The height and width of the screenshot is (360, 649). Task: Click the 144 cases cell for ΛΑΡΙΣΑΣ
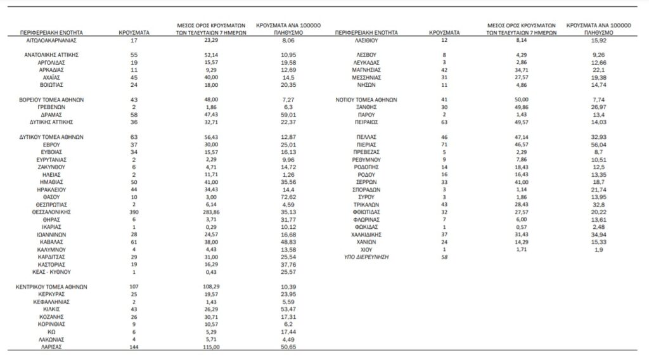pos(133,347)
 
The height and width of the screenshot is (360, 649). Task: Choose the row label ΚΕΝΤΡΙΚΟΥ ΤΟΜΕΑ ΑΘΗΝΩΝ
pos(51,286)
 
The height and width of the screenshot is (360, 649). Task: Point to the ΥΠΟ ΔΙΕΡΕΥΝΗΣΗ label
pos(366,257)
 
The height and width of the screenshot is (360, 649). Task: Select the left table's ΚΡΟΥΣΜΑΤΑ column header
pos(134,31)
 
